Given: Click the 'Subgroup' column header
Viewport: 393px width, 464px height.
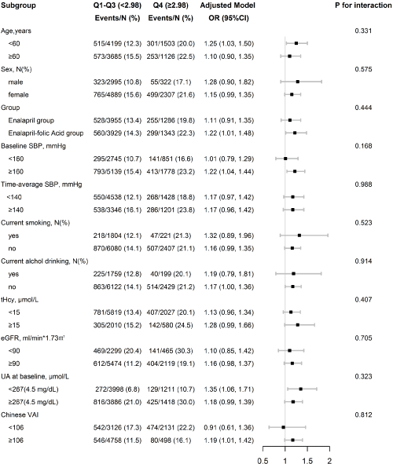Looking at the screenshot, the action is click(18, 5).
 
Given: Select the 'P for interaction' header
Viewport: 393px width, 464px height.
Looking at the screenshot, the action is click(363, 5).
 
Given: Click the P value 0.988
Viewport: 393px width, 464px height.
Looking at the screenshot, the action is click(363, 185).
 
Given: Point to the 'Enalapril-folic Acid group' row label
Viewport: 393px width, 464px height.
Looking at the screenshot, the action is click(46, 133).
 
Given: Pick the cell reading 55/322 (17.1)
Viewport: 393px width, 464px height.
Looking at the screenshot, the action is click(171, 82).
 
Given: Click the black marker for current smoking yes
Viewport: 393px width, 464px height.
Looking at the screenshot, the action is click(299, 236).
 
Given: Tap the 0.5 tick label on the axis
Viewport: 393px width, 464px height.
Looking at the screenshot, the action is click(263, 460).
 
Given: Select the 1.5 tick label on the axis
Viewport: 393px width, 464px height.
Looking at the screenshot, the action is click(307, 460).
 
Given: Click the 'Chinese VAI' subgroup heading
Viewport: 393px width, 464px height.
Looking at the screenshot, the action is click(20, 415).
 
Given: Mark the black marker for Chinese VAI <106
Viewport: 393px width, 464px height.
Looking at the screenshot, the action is click(284, 427).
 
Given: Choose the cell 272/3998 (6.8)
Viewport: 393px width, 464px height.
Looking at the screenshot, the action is click(117, 389).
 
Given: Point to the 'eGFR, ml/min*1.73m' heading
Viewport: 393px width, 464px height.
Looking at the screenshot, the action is click(32, 338).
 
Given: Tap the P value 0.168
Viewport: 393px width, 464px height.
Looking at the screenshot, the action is click(363, 146).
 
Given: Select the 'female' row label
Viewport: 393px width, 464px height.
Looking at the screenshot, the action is click(18, 95).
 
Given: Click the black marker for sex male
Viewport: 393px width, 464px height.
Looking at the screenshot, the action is click(298, 82).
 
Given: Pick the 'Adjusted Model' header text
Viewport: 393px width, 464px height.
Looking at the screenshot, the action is click(227, 5).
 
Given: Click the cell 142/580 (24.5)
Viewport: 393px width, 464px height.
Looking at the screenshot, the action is click(171, 325).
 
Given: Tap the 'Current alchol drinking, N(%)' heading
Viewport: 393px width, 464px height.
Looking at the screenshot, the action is click(45, 261).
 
